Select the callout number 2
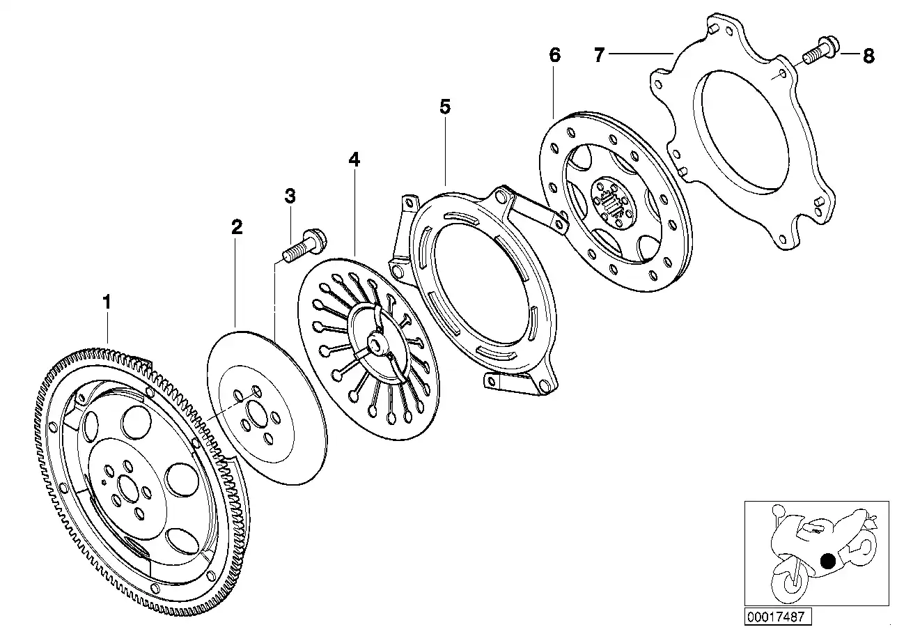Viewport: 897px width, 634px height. click(x=237, y=227)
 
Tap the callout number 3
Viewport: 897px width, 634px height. click(x=290, y=196)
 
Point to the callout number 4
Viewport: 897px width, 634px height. click(x=354, y=160)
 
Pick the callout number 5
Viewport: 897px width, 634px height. click(x=445, y=107)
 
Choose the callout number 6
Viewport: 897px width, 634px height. click(x=554, y=56)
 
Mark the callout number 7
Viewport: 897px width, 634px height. click(x=599, y=54)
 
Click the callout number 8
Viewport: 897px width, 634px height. click(x=868, y=56)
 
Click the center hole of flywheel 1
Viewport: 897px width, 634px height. click(x=128, y=486)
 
